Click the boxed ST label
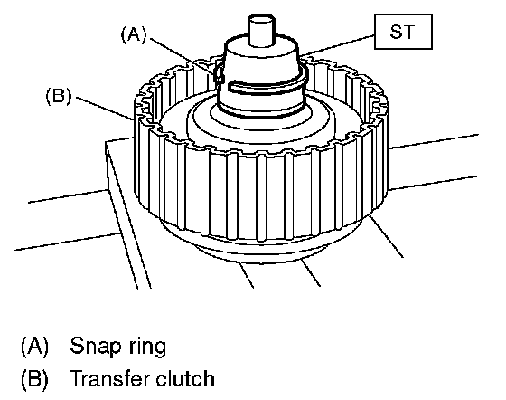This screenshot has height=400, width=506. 403,32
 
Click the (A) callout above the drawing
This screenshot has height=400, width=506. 134,34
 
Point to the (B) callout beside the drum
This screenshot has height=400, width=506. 59,96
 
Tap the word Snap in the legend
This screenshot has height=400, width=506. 94,346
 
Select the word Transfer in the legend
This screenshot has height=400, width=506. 109,378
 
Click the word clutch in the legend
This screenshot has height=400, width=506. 185,378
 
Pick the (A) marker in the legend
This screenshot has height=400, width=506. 34,346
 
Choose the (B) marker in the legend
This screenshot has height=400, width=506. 34,378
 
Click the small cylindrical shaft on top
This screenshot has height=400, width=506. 261,30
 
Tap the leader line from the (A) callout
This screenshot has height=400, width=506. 183,56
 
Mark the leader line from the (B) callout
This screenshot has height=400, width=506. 105,109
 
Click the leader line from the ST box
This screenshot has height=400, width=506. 338,45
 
